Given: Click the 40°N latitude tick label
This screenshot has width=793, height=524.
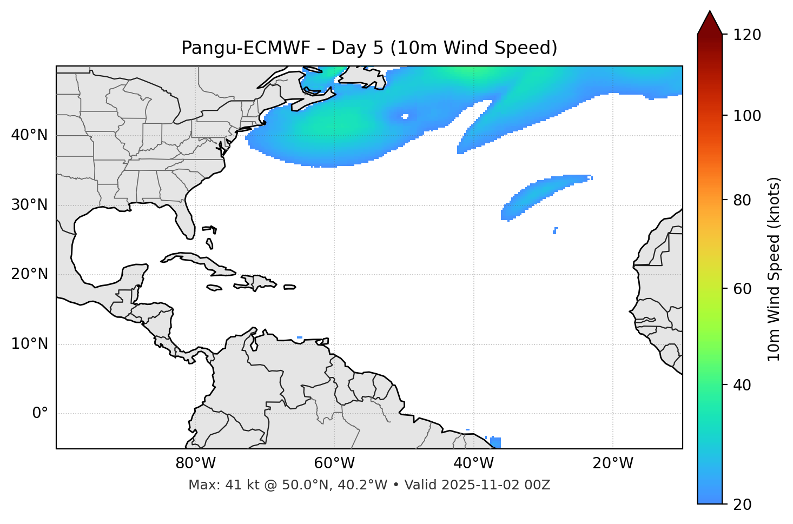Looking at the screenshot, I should point(29,135).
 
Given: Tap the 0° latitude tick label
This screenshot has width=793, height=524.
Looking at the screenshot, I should point(40,414).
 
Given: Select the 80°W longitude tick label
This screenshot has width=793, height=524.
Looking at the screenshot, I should point(195,463).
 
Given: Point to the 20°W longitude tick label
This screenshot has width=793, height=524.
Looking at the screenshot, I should point(612,463).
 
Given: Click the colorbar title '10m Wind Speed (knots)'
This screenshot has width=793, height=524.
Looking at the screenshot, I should point(774,269).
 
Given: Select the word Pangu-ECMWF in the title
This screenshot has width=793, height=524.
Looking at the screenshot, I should point(246,48).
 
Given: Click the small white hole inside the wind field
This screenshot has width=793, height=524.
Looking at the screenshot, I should point(405,116).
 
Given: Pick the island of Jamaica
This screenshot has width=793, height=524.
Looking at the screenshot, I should point(215,288).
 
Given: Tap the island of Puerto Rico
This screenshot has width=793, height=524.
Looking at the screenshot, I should point(290,287).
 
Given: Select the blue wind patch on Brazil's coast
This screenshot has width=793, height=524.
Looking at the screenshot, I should point(495,442).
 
